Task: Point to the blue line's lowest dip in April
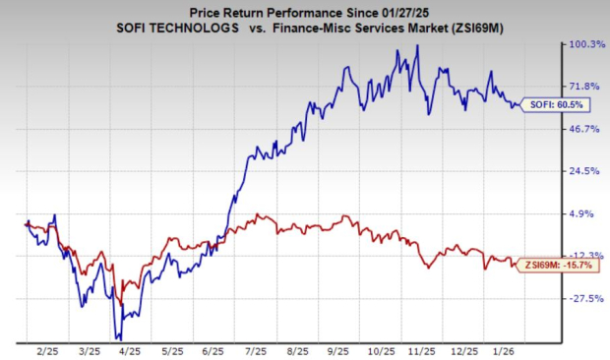tap(118, 337)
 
